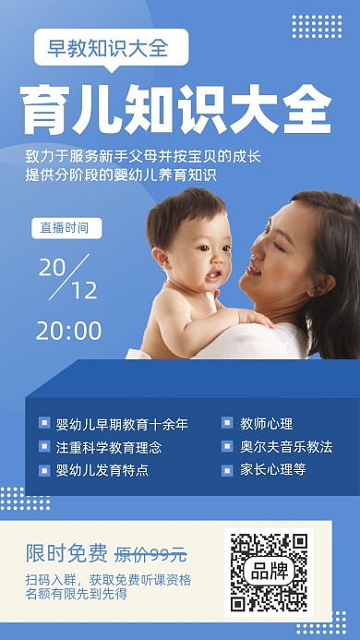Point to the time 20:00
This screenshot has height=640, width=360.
click(x=69, y=331)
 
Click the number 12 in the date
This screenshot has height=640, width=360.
click(x=83, y=290)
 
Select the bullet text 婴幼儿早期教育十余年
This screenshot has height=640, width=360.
click(x=122, y=425)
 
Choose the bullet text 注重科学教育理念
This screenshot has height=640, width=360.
click(x=109, y=447)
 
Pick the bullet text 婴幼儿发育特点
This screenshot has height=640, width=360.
click(x=102, y=470)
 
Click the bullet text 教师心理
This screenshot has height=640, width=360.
click(x=267, y=425)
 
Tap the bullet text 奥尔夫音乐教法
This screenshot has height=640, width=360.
click(x=286, y=447)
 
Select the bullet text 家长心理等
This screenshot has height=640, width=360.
click(x=273, y=470)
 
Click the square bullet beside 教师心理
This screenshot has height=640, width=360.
click(x=227, y=424)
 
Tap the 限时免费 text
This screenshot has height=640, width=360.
click(x=66, y=554)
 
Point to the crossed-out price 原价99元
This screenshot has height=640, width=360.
click(x=150, y=555)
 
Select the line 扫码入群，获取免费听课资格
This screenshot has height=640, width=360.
click(x=109, y=580)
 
